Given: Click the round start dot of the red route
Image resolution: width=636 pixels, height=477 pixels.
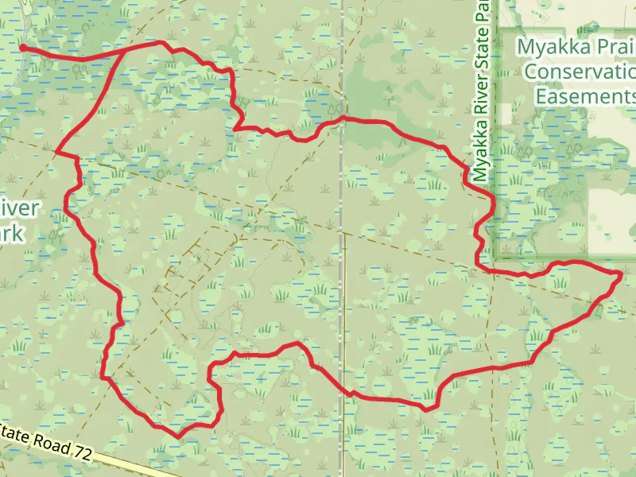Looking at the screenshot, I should click(23, 48).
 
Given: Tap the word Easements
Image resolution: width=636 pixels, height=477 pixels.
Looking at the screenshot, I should click(584, 96).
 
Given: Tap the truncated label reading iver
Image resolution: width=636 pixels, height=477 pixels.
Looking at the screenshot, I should click(19, 208).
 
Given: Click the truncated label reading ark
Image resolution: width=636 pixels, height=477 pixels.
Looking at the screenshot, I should click(13, 235).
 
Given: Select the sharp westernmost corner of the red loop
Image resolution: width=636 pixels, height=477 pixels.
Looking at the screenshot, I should click(57, 150).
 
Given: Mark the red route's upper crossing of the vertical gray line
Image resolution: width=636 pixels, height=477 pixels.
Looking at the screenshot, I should click(343, 119).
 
